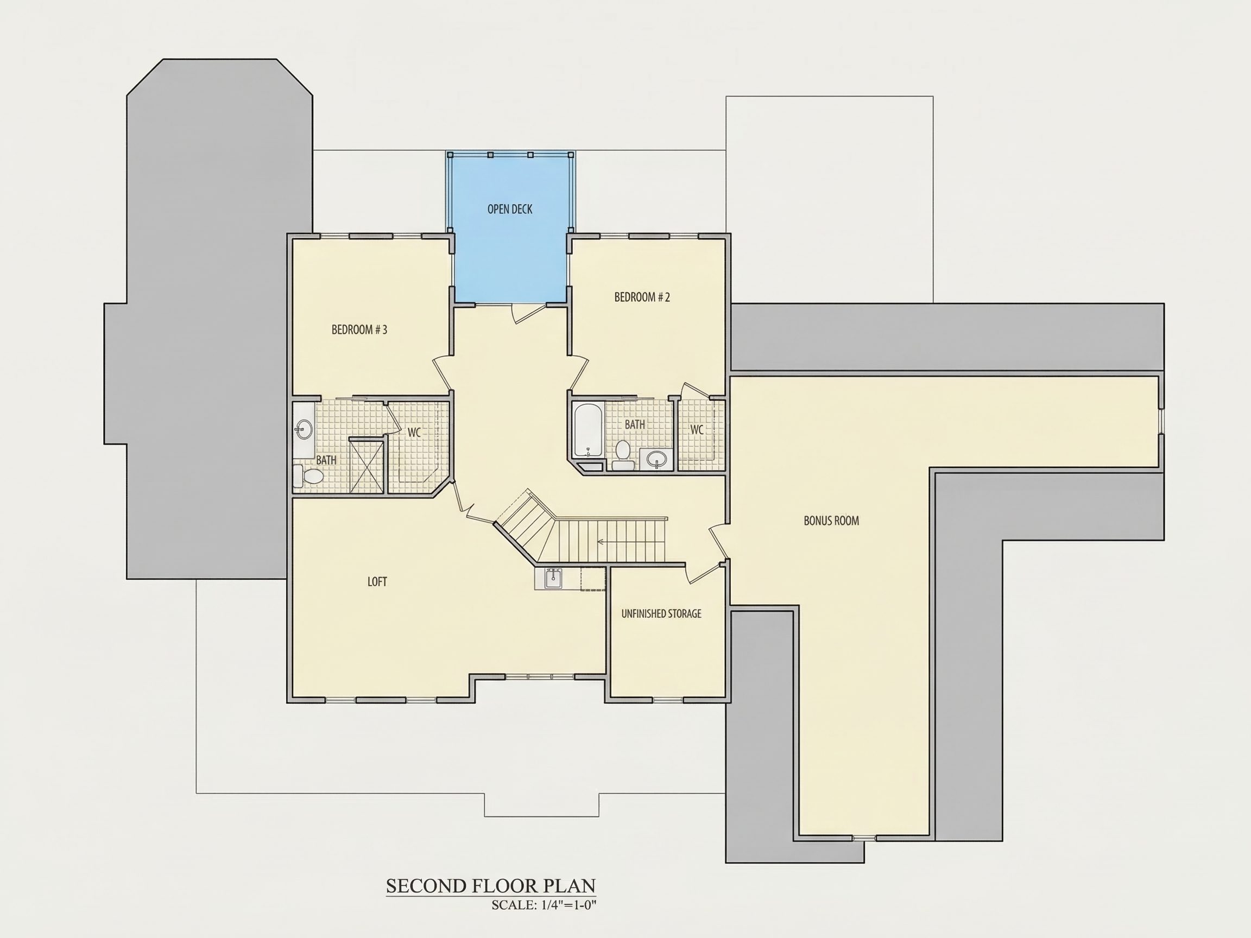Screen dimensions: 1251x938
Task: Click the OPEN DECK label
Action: pyautogui.click(x=509, y=209)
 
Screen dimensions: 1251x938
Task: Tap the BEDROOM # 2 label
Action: pyautogui.click(x=642, y=297)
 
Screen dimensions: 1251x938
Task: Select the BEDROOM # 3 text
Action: pyautogui.click(x=359, y=329)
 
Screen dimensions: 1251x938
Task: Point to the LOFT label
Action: pyautogui.click(x=377, y=582)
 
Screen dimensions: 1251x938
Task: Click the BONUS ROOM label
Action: pyautogui.click(x=831, y=521)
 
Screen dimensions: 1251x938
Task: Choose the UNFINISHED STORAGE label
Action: pyautogui.click(x=661, y=613)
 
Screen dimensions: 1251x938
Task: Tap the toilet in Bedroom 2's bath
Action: pyautogui.click(x=623, y=455)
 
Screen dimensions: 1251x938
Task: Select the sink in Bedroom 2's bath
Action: pyautogui.click(x=656, y=459)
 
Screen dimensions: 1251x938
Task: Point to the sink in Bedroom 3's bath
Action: pyautogui.click(x=304, y=430)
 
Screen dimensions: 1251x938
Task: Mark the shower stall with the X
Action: pyautogui.click(x=367, y=466)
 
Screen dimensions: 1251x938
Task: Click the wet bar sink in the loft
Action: pyautogui.click(x=553, y=579)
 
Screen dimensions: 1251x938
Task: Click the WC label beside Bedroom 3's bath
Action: pyautogui.click(x=414, y=433)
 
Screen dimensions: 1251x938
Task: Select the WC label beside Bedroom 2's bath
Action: pyautogui.click(x=697, y=430)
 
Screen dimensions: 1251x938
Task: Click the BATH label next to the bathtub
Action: pyautogui.click(x=635, y=424)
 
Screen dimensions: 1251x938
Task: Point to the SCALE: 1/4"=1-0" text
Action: pyautogui.click(x=544, y=905)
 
